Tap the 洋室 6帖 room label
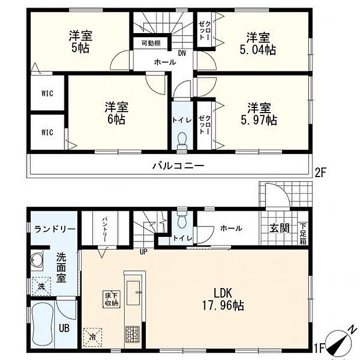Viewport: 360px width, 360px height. [116, 113]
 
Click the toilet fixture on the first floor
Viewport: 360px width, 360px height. [181, 219]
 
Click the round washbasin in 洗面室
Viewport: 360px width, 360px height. [38, 260]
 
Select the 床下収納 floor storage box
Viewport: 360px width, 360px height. [111, 298]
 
